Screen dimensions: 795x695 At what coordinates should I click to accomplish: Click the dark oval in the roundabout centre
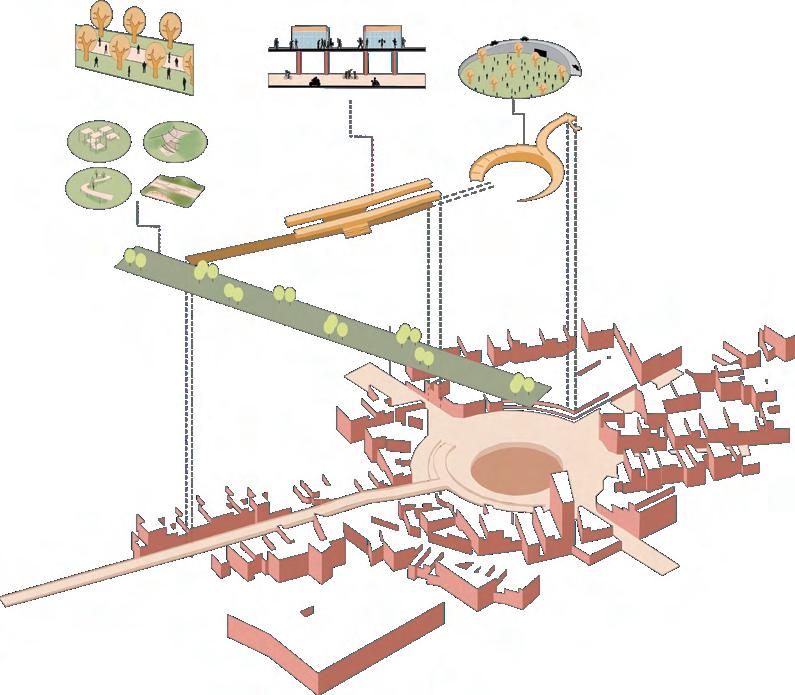508,466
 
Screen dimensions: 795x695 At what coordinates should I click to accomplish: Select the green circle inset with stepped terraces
174,141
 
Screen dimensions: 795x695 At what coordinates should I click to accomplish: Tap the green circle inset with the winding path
97,186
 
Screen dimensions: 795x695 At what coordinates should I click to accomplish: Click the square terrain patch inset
172,188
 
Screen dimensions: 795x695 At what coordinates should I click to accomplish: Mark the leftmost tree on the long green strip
138,259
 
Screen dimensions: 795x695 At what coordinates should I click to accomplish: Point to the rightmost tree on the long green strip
521,382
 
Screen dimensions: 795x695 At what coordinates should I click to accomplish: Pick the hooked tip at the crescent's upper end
575,125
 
